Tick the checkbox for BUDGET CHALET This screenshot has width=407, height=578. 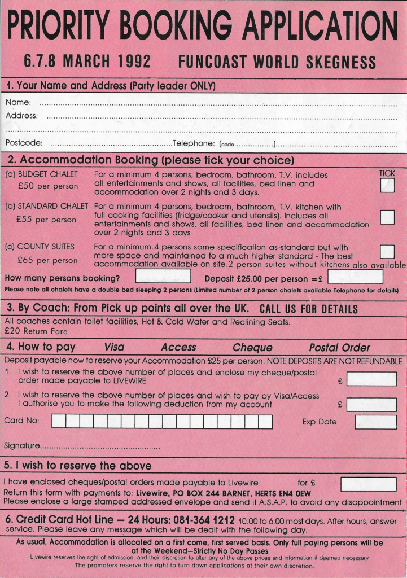pyautogui.click(x=387, y=186)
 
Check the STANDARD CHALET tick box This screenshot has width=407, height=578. pyautogui.click(x=387, y=217)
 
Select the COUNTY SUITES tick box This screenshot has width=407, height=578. pyautogui.click(x=387, y=251)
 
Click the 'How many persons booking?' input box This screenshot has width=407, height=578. pyautogui.click(x=163, y=276)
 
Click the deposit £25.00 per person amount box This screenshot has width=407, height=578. pyautogui.click(x=355, y=277)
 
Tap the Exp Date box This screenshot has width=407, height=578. pyautogui.click(x=375, y=422)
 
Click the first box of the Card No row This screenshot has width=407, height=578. pyautogui.click(x=59, y=422)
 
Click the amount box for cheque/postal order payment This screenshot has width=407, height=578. pyautogui.click(x=371, y=379)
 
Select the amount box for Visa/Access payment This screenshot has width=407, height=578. pyautogui.click(x=371, y=404)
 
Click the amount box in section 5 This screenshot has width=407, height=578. pyautogui.click(x=368, y=484)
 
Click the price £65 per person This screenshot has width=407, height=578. pyautogui.click(x=47, y=260)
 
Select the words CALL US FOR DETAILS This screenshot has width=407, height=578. pyautogui.click(x=308, y=309)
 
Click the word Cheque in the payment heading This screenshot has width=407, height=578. pyautogui.click(x=252, y=348)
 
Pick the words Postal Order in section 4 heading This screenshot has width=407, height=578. pyautogui.click(x=339, y=348)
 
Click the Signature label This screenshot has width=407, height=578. pyautogui.click(x=21, y=446)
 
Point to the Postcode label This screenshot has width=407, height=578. pyautogui.click(x=24, y=143)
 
